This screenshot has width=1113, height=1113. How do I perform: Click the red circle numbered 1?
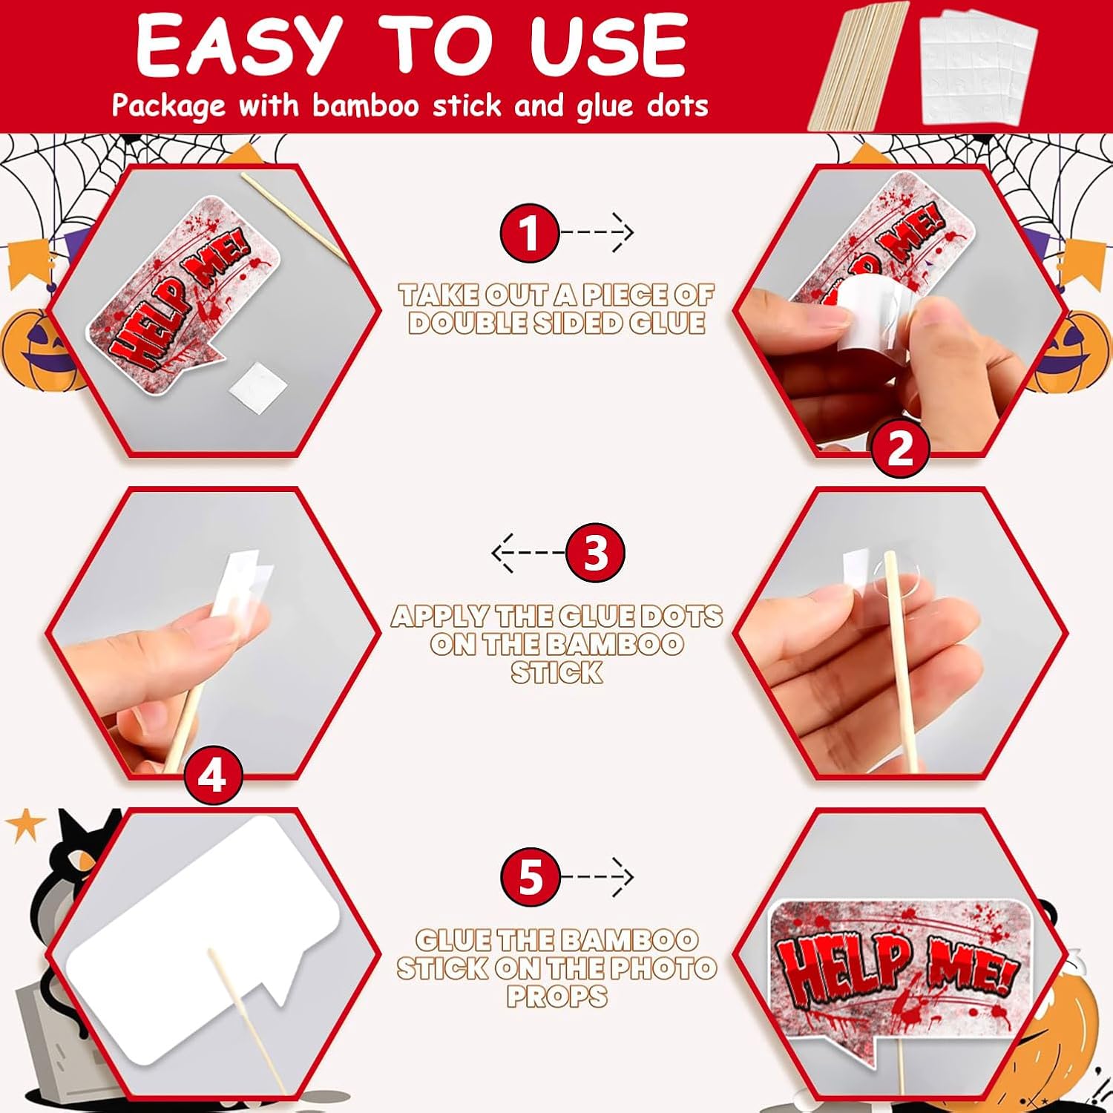529,233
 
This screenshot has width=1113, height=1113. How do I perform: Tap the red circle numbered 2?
899,448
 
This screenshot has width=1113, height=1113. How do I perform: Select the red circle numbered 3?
595,553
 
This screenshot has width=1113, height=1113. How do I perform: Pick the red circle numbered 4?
214,777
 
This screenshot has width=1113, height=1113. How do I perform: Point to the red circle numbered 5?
530,878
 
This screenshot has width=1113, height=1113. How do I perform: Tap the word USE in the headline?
608,46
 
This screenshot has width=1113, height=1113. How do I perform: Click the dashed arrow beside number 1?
597,233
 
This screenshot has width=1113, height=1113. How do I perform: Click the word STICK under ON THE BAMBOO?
556,672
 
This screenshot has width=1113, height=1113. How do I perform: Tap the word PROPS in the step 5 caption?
556,996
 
